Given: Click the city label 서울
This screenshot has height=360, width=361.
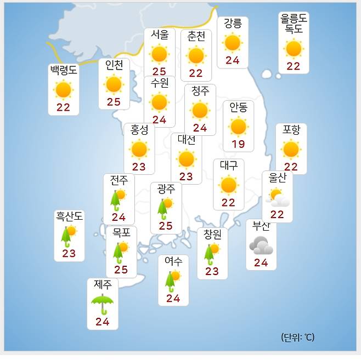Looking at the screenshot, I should click(160, 34).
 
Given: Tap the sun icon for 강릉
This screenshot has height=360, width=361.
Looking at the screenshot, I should click(233, 42).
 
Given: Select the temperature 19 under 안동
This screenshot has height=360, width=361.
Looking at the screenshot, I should click(238, 144).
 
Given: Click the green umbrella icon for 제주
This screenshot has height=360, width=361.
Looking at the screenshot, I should click(103, 302).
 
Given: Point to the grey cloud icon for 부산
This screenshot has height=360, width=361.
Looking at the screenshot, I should click(261, 245).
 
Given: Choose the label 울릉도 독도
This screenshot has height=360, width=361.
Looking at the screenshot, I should click(294, 24).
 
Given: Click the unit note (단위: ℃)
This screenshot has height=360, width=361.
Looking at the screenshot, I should click(297, 337).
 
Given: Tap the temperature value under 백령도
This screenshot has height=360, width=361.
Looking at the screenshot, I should click(63, 107).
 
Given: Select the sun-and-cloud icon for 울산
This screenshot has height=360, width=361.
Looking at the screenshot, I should click(277, 197).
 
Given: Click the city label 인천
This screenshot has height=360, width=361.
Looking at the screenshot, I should click(114, 65).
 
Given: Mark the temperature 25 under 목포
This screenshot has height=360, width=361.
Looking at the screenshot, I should click(121, 270).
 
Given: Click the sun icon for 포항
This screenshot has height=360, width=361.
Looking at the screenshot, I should click(291, 149).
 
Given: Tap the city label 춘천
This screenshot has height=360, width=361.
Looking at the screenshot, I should click(196, 37).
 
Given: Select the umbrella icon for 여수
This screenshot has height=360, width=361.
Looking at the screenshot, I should click(172, 280).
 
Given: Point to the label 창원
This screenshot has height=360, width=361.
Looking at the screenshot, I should click(212, 235).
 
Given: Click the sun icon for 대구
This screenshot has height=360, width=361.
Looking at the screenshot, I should click(228, 185).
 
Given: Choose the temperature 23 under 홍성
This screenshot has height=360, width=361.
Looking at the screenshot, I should click(139, 167).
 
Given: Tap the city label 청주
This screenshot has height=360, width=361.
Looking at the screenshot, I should click(200, 91).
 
